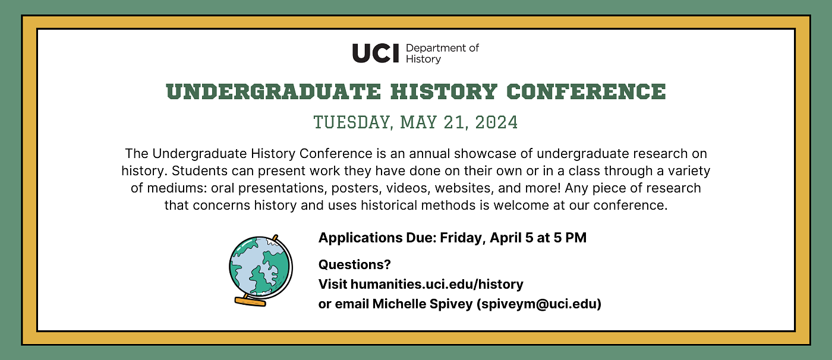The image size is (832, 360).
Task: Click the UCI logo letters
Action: (375, 53)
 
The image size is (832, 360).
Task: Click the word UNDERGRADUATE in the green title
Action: (273, 91)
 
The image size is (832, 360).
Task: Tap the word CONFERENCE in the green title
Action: (586, 91)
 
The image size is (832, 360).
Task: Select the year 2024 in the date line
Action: (496, 122)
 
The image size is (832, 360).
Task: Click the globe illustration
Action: (261, 270)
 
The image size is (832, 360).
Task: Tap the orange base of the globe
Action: (250, 301)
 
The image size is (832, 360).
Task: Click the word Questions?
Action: (355, 264)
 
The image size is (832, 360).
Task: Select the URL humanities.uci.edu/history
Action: (437, 285)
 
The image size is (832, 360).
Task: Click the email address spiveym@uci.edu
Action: (539, 304)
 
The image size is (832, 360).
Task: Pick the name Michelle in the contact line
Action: (399, 304)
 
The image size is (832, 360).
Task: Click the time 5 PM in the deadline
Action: (570, 238)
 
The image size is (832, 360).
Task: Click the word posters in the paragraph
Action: (357, 188)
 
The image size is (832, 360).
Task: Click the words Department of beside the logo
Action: (442, 48)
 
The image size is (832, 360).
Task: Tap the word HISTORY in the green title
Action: (444, 91)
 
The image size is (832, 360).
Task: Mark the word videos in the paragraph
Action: (409, 188)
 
